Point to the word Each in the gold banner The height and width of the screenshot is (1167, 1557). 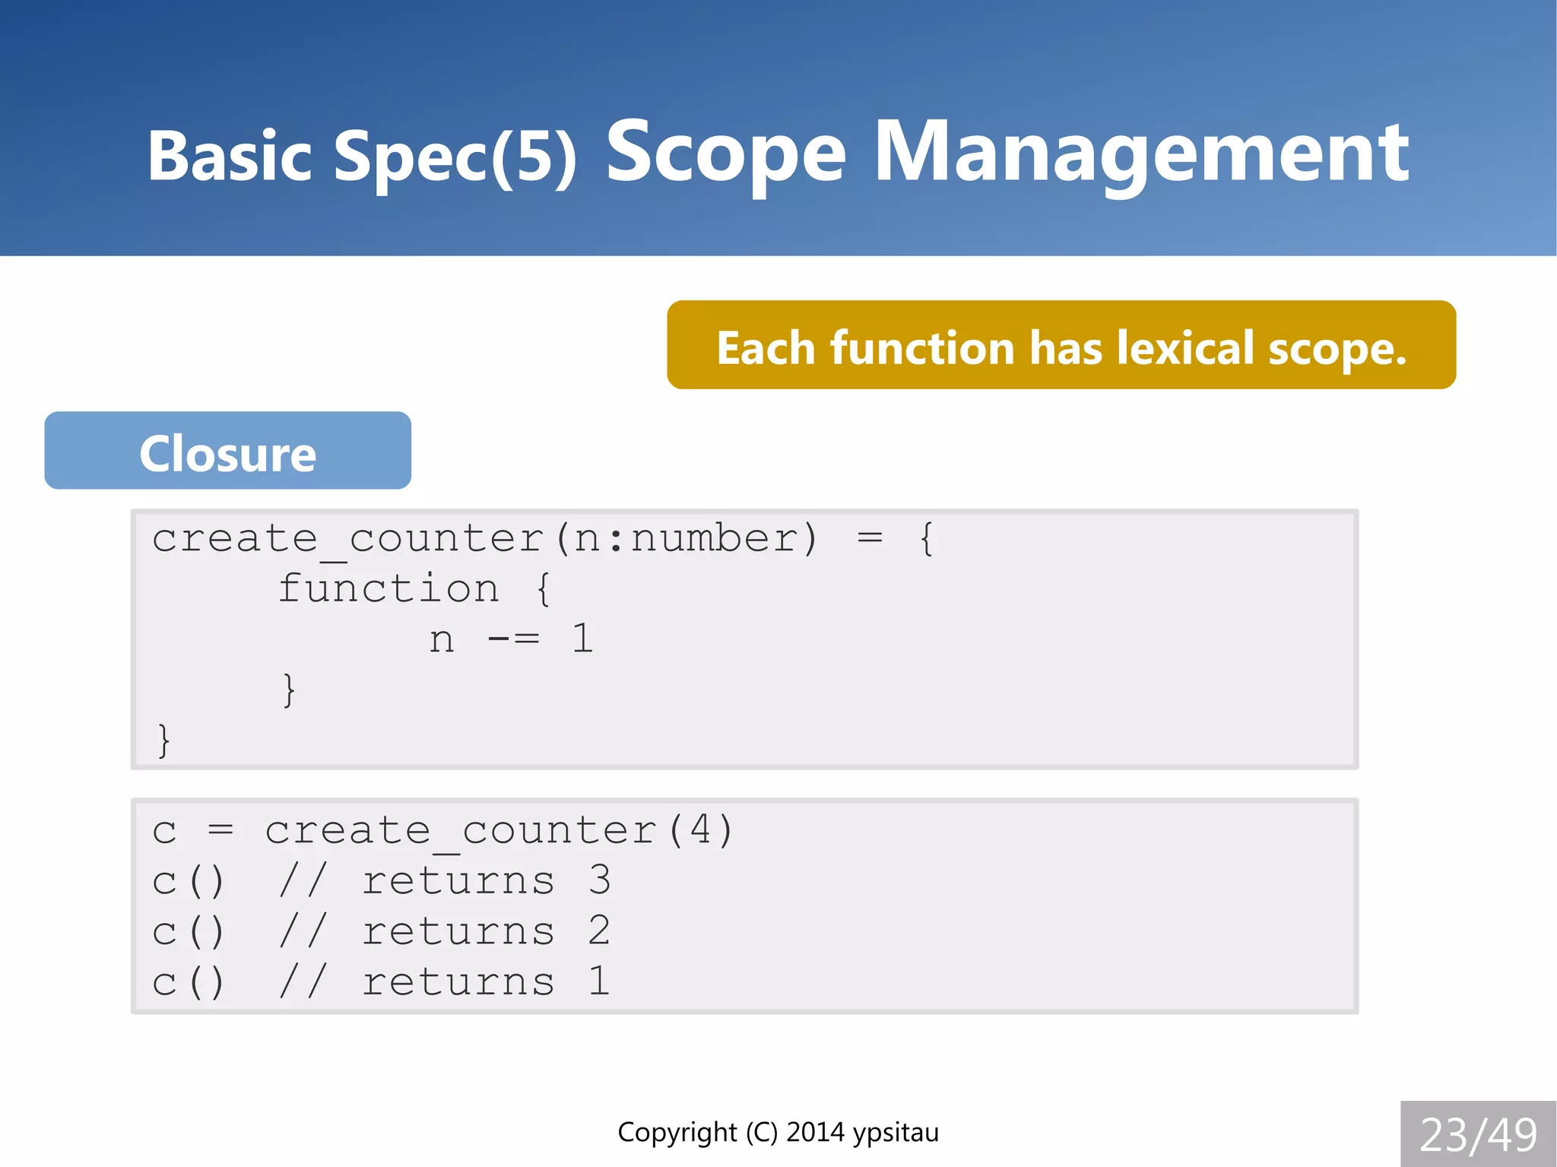pos(766,348)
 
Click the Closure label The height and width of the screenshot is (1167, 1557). pos(227,454)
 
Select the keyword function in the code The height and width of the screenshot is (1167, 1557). pos(388,588)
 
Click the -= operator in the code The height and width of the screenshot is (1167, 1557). pos(513,639)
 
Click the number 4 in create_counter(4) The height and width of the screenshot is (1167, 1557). pos(700,829)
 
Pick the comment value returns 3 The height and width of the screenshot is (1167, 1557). pos(485,880)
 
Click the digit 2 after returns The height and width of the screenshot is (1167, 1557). pos(599,931)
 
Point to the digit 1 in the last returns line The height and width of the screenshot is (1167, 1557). pos(599,981)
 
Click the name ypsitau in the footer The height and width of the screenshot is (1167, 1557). pos(896,1132)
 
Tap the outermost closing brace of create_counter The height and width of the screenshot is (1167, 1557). pos(163,740)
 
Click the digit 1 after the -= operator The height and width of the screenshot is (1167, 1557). pos(582,639)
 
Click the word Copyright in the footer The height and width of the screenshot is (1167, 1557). pos(677,1132)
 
